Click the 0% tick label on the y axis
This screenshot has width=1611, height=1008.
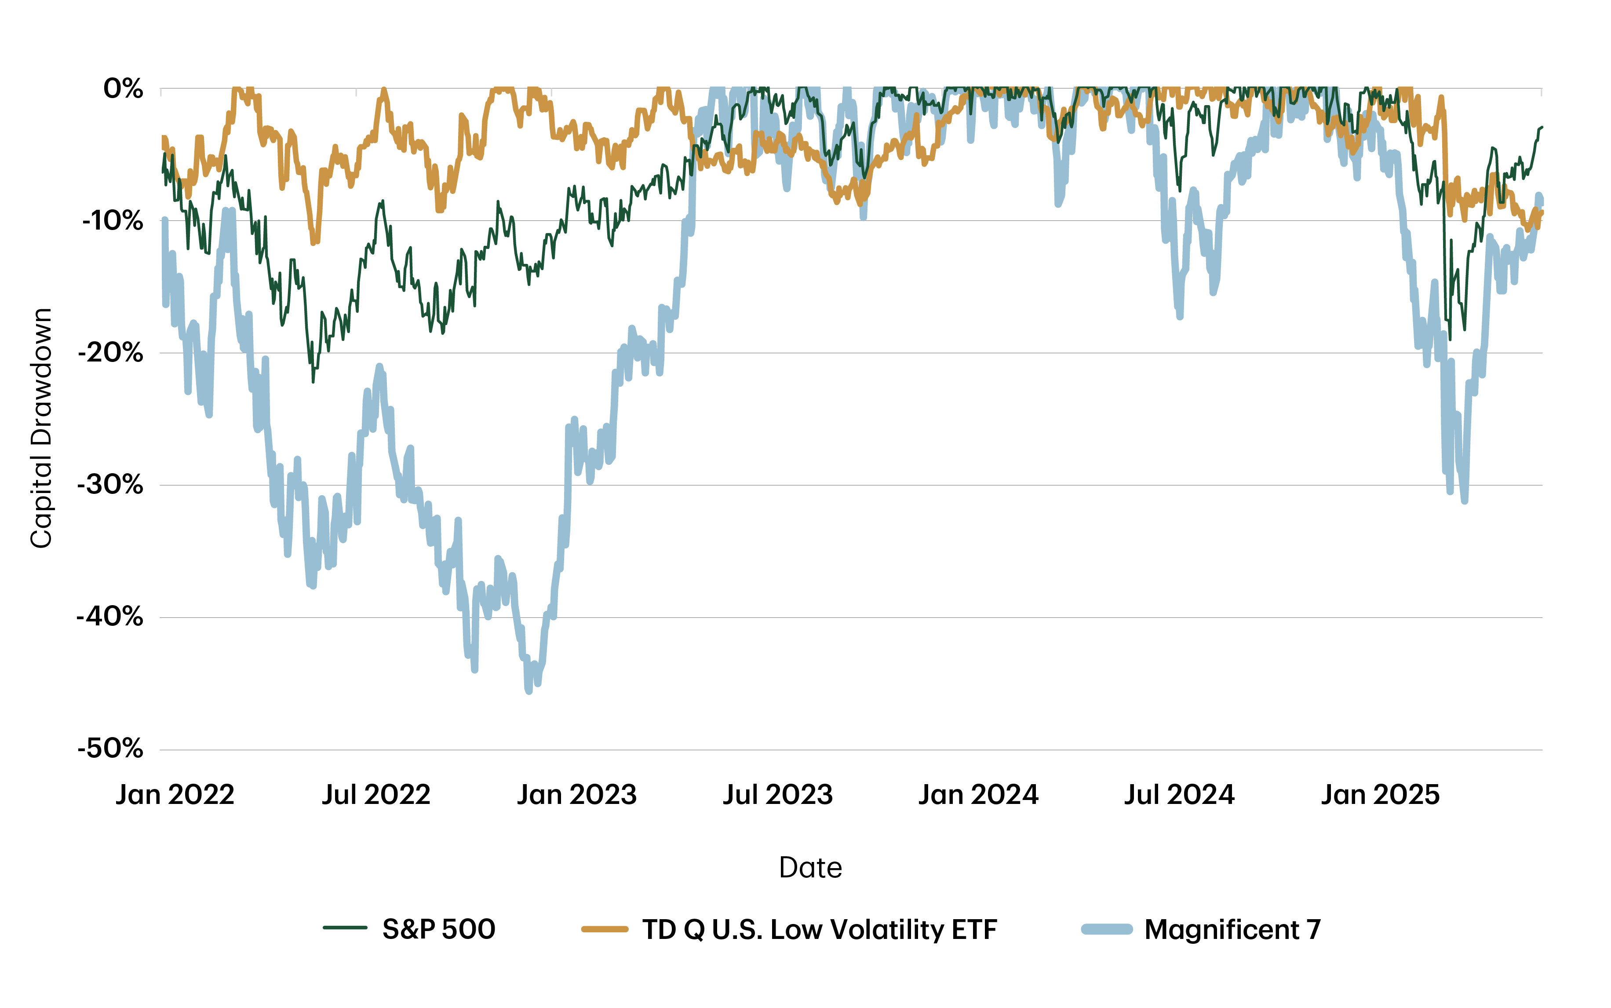click(x=123, y=89)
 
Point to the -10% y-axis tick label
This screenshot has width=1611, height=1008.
click(x=112, y=221)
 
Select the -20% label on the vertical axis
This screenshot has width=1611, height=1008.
click(x=111, y=353)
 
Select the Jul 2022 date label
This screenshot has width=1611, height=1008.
click(x=376, y=795)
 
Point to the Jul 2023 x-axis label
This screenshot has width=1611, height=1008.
click(x=778, y=795)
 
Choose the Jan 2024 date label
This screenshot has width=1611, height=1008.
click(x=978, y=795)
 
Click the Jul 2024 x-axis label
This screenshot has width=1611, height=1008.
click(x=1179, y=795)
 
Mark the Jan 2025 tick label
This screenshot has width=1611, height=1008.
click(x=1380, y=795)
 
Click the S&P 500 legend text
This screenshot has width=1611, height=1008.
click(x=438, y=929)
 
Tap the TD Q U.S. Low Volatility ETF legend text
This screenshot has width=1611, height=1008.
click(x=819, y=929)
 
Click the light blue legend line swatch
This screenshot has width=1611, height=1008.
click(x=1106, y=929)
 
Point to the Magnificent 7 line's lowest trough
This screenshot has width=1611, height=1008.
click(x=528, y=690)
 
